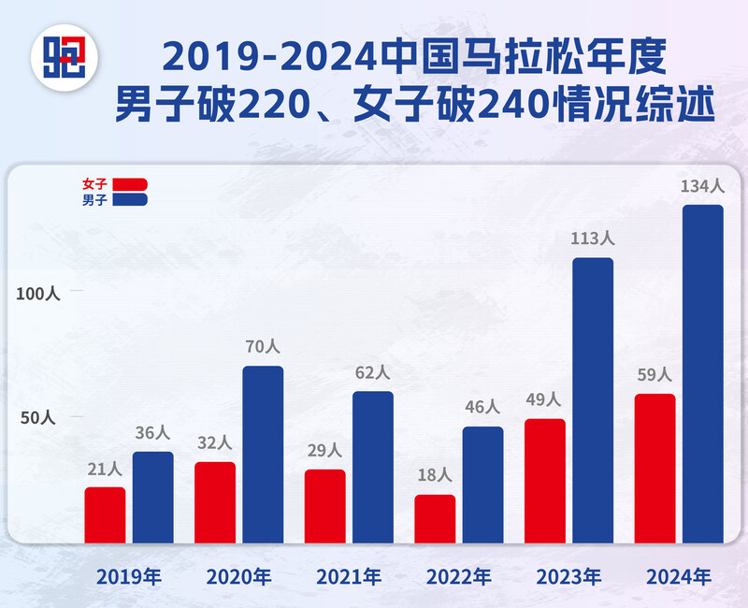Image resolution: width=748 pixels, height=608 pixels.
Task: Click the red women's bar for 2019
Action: click(105, 514)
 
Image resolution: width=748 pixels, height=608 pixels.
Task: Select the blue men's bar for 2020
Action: click(263, 455)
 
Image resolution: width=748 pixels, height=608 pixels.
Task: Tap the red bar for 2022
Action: click(435, 518)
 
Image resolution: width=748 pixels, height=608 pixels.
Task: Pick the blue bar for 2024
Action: click(703, 374)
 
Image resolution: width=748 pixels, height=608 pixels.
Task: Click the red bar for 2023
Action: click(545, 481)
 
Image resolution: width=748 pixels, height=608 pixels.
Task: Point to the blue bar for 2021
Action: click(373, 467)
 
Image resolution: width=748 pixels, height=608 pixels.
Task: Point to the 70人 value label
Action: click(263, 347)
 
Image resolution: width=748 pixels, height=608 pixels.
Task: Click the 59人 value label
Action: click(654, 375)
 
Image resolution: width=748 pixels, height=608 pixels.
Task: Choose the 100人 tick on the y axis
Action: click(38, 294)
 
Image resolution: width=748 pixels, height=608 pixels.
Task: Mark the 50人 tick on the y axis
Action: click(38, 417)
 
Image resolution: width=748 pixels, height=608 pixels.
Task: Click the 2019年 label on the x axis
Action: click(129, 576)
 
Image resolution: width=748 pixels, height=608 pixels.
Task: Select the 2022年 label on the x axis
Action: click(458, 576)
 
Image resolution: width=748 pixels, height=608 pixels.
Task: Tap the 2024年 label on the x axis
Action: click(679, 576)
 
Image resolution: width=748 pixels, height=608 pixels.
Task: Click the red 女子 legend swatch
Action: click(130, 184)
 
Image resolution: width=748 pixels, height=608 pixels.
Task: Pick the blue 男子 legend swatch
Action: click(130, 199)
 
